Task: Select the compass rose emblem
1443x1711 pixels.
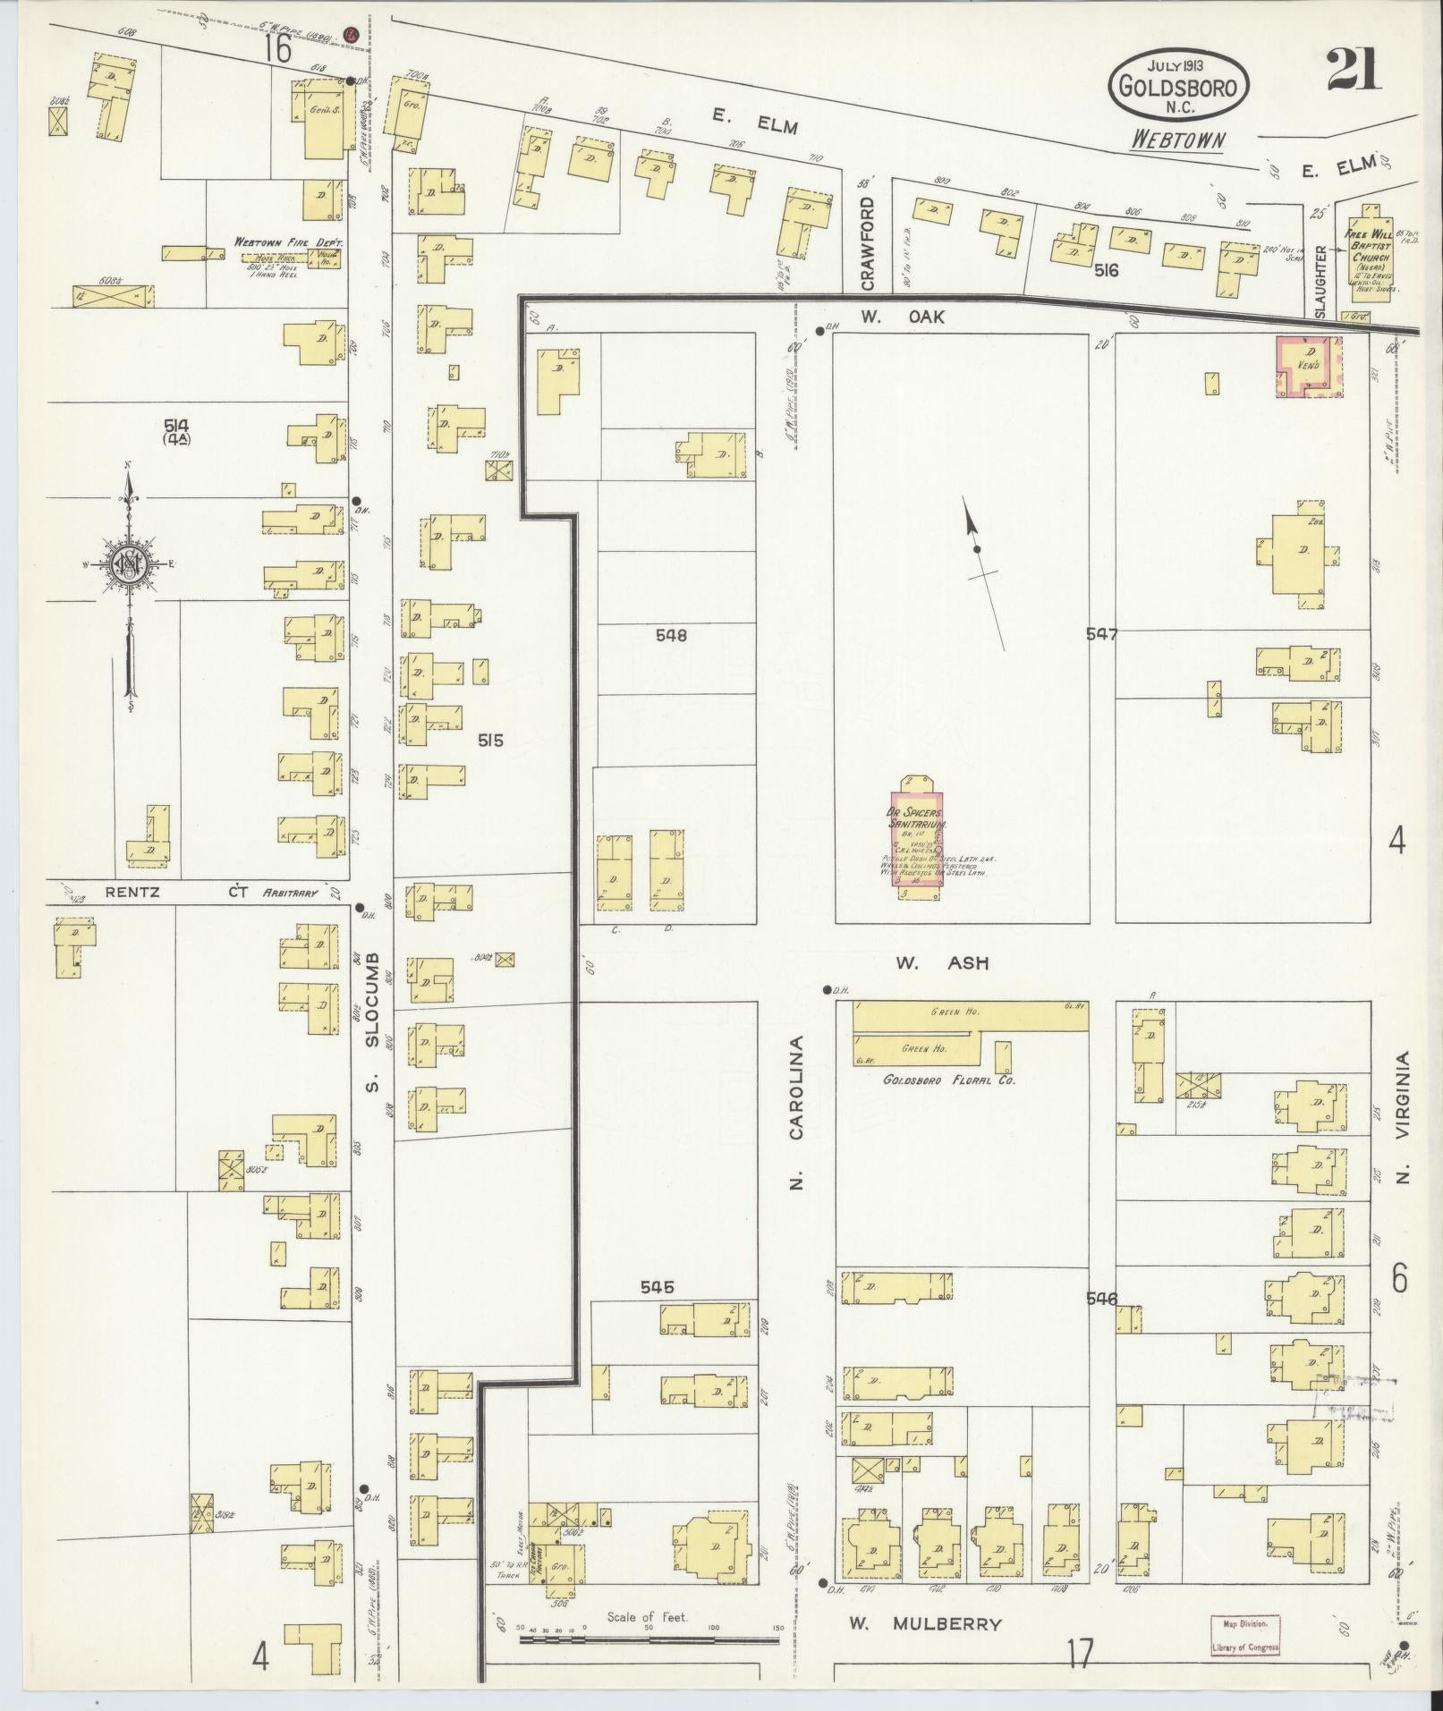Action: (x=130, y=563)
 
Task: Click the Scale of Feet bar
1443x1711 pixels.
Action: (x=650, y=1639)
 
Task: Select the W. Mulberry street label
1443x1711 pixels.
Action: (x=925, y=1623)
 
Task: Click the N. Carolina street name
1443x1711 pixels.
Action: (x=796, y=1113)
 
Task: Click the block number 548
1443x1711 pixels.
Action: (x=671, y=635)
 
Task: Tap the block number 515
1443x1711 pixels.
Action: (x=490, y=740)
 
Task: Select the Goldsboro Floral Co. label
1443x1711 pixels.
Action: (x=948, y=1079)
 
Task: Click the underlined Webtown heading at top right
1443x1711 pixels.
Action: (x=1177, y=140)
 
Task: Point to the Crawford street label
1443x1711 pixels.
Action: (x=866, y=243)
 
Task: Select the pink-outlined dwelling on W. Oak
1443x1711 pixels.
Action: (x=1309, y=367)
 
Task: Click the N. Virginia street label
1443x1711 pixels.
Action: (x=1402, y=1116)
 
